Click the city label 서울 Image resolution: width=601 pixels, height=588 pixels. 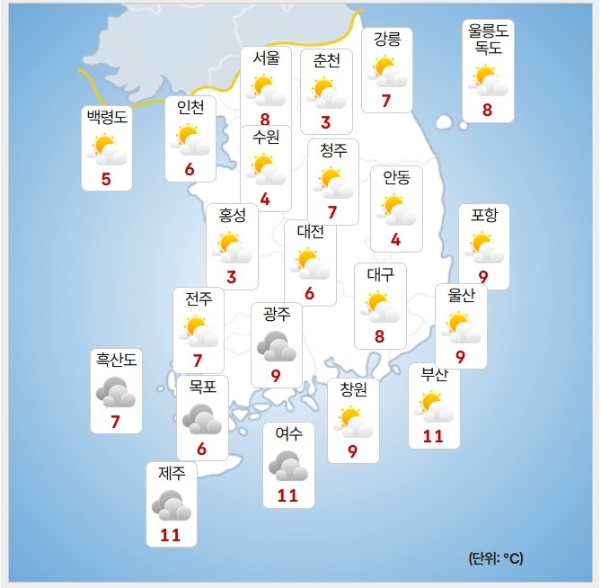coord(266,59)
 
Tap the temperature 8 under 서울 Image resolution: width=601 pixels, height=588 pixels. coord(265,119)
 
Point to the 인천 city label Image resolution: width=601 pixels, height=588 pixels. coord(190,108)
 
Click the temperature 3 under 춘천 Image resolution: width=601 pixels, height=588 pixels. coord(326,122)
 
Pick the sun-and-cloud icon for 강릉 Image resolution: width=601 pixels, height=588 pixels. coord(387,71)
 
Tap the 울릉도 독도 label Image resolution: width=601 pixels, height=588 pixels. coord(489,39)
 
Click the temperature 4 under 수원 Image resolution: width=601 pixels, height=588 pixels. coord(265,199)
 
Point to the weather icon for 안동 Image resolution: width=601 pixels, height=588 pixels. coord(396,209)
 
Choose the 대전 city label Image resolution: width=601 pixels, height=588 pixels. coord(310,232)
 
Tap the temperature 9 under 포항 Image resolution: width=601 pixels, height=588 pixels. coord(483,277)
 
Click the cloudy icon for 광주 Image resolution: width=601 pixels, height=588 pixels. coord(277,345)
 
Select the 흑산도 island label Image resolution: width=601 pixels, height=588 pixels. coord(117,361)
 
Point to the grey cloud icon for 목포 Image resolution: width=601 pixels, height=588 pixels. coord(201,419)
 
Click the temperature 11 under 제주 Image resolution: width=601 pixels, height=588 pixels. coord(171,535)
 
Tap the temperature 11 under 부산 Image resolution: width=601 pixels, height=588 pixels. coord(434,436)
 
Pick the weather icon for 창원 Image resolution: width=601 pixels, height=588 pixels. coord(352,421)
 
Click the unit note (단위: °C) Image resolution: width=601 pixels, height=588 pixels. coord(495,558)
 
